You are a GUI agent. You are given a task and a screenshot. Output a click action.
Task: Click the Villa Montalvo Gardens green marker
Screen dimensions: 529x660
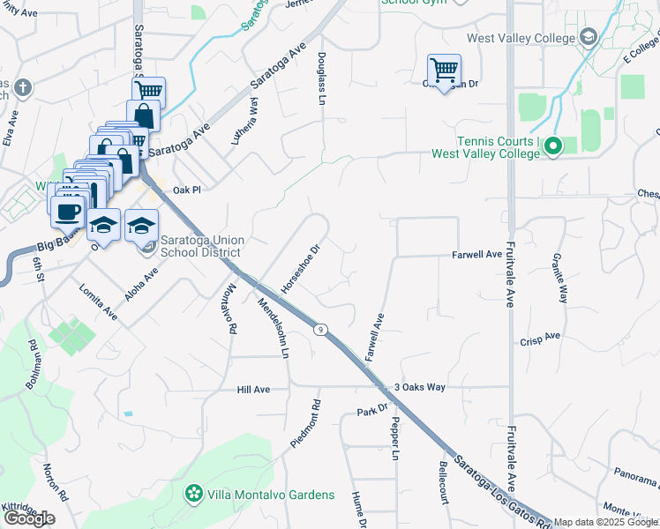(192, 495)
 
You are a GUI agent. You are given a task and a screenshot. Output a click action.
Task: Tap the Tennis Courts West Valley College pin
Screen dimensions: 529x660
(553, 145)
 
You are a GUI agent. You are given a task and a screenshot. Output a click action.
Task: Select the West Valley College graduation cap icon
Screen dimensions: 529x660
(589, 37)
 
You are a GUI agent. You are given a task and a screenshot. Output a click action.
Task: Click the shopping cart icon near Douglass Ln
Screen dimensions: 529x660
(443, 70)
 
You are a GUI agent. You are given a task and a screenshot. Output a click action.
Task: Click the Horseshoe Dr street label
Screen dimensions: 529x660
(299, 270)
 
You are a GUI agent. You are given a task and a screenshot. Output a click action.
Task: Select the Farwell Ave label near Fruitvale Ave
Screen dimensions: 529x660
(476, 254)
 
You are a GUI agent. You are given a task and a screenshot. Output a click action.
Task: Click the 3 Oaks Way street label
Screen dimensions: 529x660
(419, 386)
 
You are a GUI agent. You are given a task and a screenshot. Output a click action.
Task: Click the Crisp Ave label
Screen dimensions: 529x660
(541, 339)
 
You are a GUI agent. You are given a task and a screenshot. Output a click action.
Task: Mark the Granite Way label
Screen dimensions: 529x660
(559, 279)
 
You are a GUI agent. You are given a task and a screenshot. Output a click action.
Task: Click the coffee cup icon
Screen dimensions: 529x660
(68, 212)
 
